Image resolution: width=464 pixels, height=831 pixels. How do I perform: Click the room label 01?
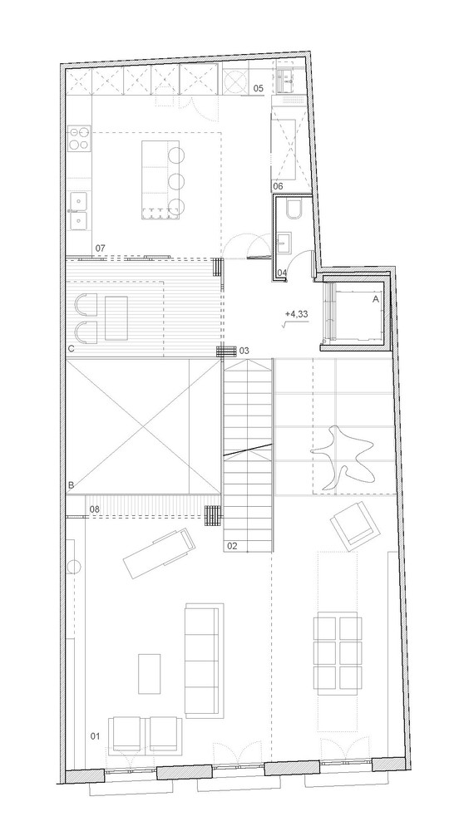point(94,735)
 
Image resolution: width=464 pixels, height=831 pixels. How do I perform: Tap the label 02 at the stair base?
point(232,546)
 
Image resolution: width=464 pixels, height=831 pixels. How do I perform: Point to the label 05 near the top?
point(258,87)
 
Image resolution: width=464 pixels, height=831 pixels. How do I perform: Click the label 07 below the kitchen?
point(100,248)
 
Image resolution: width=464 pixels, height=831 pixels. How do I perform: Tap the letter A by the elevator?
point(376,297)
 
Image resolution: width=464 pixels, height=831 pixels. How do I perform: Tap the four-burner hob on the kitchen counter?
point(81,140)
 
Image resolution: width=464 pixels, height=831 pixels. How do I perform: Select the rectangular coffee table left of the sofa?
point(151,674)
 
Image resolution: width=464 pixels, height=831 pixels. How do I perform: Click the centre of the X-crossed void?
point(143,425)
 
